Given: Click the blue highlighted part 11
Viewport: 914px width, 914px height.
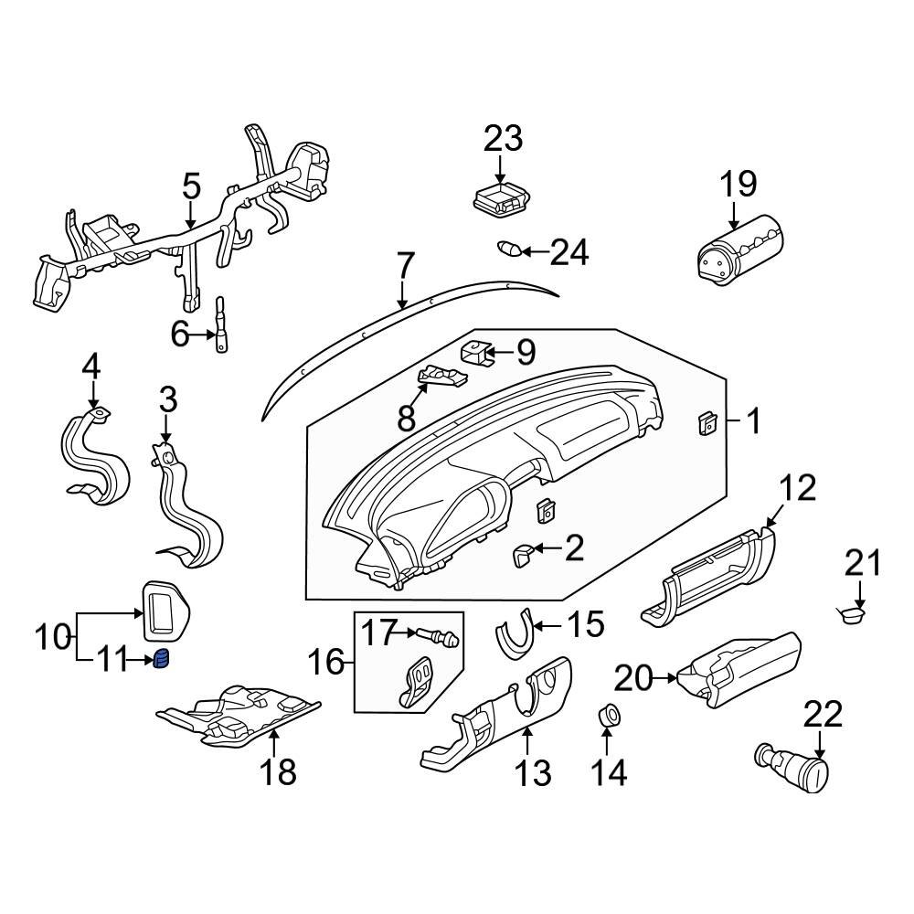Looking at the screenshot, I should (163, 659).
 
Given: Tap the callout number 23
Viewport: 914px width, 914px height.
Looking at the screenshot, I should (503, 139).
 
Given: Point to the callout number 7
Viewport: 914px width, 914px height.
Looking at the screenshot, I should (404, 266).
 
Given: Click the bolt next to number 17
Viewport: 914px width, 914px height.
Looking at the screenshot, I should (441, 635).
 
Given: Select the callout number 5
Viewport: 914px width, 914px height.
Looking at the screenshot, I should (190, 186).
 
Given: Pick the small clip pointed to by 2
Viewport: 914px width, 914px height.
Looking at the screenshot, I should (526, 554).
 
